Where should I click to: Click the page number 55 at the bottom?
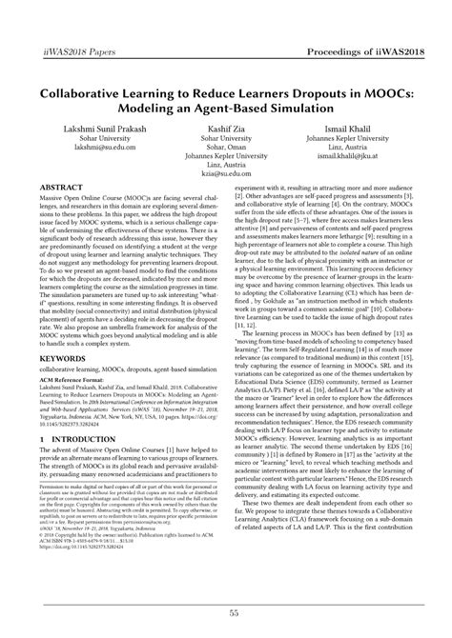226,615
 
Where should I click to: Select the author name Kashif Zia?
226,127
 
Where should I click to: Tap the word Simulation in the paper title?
311,96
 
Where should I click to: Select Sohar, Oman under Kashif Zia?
226,150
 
